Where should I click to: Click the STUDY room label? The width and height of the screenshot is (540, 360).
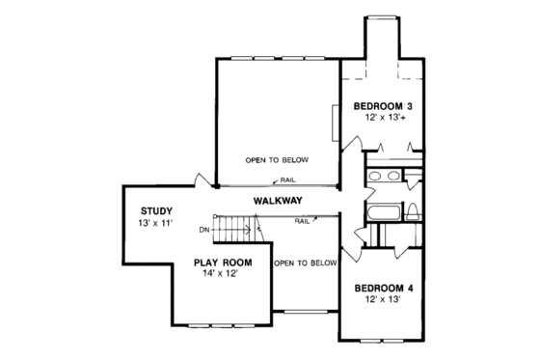click(x=155, y=210)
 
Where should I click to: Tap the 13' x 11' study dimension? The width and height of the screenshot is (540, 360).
click(x=155, y=223)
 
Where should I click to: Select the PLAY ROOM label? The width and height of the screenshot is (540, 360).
click(x=223, y=263)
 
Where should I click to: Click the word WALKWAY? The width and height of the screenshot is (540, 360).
click(x=279, y=201)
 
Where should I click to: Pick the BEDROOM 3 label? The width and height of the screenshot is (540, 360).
click(x=383, y=104)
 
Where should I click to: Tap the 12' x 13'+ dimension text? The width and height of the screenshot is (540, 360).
click(x=383, y=117)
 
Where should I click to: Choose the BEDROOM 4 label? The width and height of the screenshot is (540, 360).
click(x=384, y=288)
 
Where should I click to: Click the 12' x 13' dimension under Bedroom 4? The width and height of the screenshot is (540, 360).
click(x=384, y=301)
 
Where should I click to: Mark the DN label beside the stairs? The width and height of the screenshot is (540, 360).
click(x=204, y=230)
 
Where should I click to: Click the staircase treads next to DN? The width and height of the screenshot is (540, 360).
click(x=231, y=231)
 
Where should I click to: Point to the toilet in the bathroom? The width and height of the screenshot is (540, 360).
click(x=412, y=211)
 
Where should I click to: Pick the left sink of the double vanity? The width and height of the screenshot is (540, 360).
click(x=377, y=177)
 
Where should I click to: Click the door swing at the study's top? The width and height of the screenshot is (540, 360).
click(x=199, y=180)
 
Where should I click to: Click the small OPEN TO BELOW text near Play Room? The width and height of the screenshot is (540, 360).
click(x=305, y=263)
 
